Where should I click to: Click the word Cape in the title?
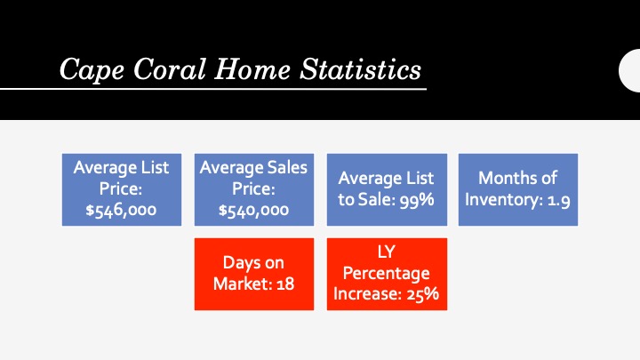(92, 69)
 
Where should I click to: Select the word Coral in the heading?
(170, 68)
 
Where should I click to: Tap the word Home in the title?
(252, 68)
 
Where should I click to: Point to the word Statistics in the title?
(360, 68)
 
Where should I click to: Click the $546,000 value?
(121, 210)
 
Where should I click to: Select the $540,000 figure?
(253, 210)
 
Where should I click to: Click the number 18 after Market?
(285, 284)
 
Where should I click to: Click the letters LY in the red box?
(386, 252)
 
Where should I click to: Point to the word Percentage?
(386, 274)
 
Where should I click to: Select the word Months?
(503, 178)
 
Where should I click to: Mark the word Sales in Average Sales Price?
(287, 168)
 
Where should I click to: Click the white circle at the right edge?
(629, 70)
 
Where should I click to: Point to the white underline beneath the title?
(213, 89)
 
